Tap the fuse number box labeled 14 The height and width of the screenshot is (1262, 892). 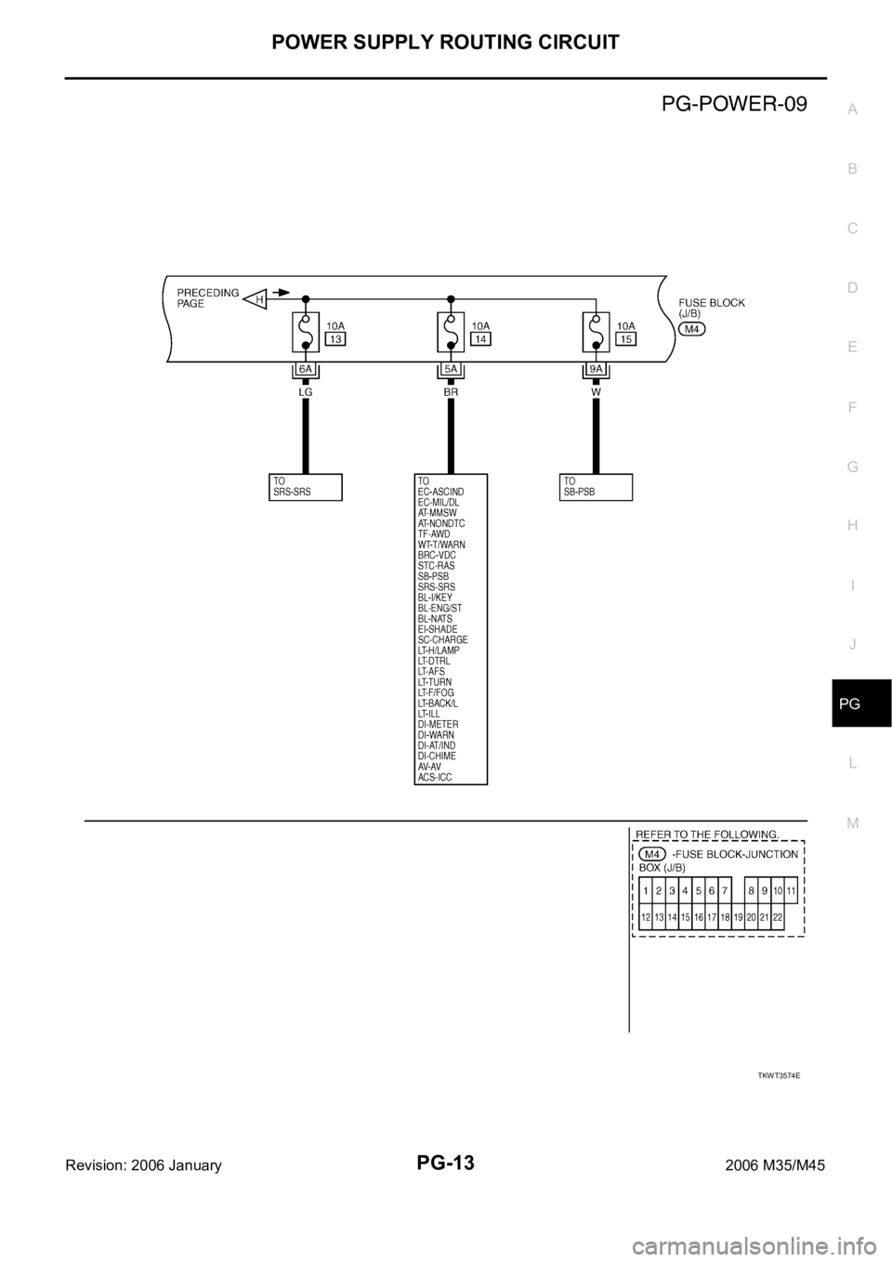pyautogui.click(x=480, y=340)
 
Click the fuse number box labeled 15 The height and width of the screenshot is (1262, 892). pyautogui.click(x=625, y=340)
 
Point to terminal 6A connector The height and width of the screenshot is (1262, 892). pyautogui.click(x=305, y=370)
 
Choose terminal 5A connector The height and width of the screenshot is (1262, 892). pyautogui.click(x=451, y=370)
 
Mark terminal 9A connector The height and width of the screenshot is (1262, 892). pyautogui.click(x=596, y=370)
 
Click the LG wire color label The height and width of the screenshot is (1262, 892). pyautogui.click(x=305, y=392)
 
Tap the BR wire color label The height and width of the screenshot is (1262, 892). pyautogui.click(x=451, y=392)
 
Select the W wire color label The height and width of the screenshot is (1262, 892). pyautogui.click(x=596, y=392)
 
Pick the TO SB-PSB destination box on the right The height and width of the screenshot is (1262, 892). pyautogui.click(x=597, y=487)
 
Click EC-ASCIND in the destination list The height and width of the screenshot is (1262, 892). pyautogui.click(x=441, y=492)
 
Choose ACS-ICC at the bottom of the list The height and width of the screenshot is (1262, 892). pyautogui.click(x=436, y=777)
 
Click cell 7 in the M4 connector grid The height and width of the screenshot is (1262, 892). pyautogui.click(x=724, y=891)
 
